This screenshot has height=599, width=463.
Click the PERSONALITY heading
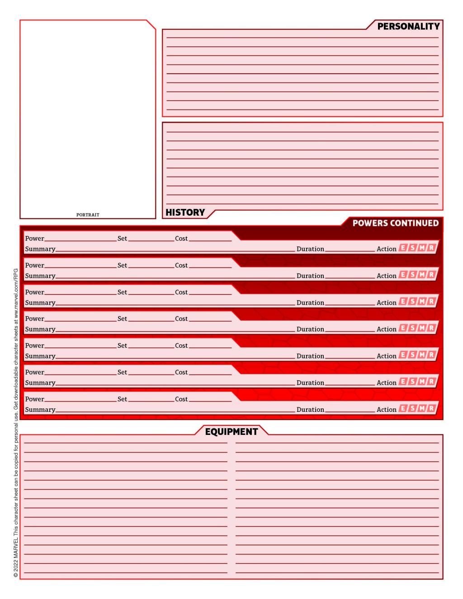[x=408, y=27]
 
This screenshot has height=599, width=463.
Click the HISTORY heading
[x=185, y=212]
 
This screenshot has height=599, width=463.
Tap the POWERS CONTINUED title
[x=395, y=223]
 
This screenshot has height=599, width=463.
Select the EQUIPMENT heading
[x=231, y=432]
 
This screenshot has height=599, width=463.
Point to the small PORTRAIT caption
[x=88, y=215]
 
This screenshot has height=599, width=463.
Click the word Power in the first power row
[x=34, y=239]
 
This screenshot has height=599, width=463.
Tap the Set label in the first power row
[x=122, y=239]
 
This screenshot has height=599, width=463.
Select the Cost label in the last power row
[x=181, y=399]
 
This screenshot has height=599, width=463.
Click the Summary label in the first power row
[x=40, y=249]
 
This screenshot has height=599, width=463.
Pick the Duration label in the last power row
[x=310, y=410]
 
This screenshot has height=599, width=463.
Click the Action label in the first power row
[x=387, y=249]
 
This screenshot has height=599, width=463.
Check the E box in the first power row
[x=403, y=248]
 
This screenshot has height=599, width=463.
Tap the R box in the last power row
[x=431, y=409]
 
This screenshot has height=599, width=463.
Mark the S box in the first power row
[x=412, y=248]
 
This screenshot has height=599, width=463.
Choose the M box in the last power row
[x=422, y=409]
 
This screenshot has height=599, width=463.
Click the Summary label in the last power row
[x=40, y=410]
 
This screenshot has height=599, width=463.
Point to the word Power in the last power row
[x=34, y=399]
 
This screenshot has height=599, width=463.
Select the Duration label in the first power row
[x=310, y=249]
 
